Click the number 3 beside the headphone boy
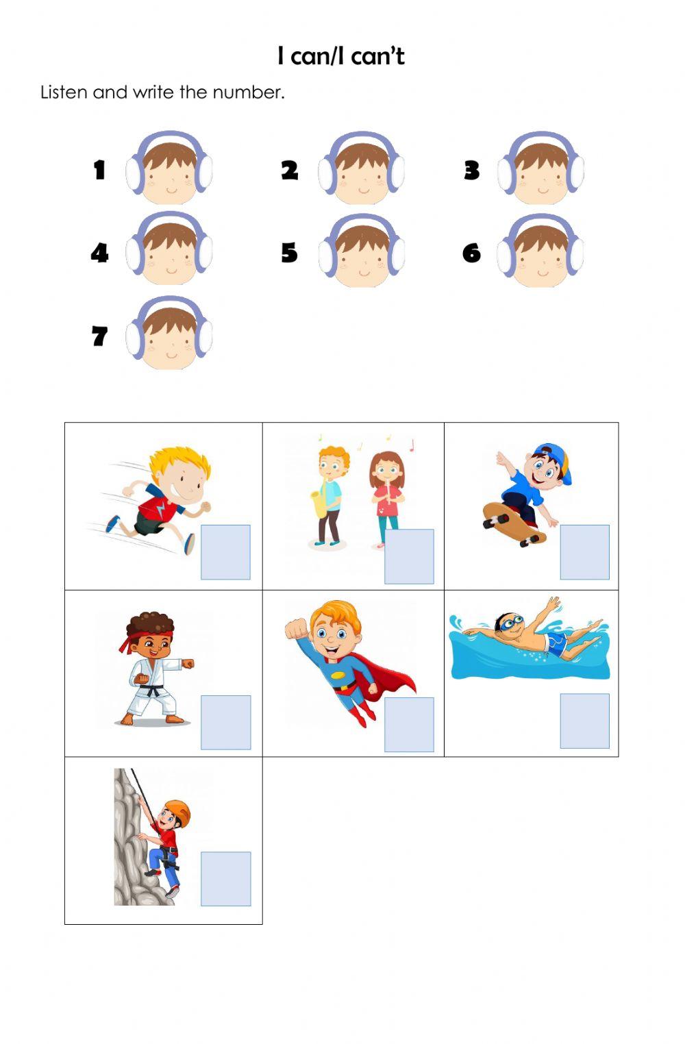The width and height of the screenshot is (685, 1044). coord(471,170)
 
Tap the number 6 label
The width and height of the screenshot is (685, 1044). coord(471,253)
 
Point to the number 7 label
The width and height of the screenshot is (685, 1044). coord(99,336)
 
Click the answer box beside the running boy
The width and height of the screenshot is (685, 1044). coord(225,552)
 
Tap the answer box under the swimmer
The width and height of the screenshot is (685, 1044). coord(584,721)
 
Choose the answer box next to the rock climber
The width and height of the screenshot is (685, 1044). coord(225,879)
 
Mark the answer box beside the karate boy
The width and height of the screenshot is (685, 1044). coord(225,723)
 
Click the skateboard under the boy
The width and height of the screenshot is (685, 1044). coord(514,523)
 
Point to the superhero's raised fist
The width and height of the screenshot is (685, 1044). coord(295,629)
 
